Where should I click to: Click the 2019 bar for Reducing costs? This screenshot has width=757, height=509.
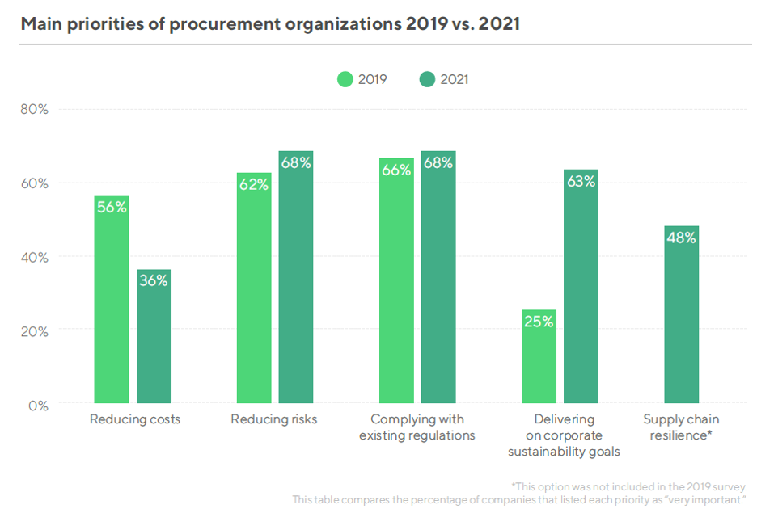[111, 299]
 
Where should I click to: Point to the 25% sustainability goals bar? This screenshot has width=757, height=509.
[539, 356]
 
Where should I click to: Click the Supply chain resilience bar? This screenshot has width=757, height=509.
[681, 314]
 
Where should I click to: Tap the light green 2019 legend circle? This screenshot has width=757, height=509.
[345, 79]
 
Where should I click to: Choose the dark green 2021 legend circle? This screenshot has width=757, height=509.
[428, 79]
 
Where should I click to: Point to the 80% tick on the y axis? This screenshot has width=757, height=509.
[34, 109]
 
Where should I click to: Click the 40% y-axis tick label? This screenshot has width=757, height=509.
[34, 257]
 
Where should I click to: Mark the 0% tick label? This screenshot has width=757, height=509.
[37, 405]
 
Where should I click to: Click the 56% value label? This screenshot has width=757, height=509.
[111, 207]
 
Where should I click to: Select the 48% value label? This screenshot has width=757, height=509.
[681, 238]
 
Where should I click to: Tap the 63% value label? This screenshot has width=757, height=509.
[581, 182]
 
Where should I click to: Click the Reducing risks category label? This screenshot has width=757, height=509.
[274, 419]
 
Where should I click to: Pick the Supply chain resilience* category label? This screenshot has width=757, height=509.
[681, 427]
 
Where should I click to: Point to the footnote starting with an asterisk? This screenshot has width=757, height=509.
[628, 486]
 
